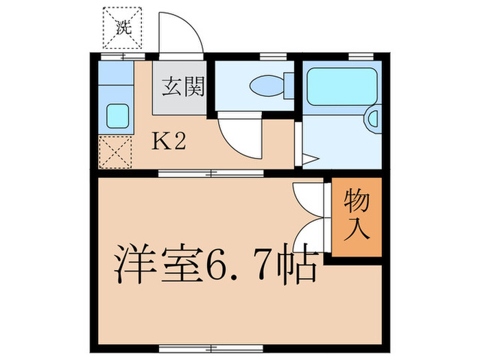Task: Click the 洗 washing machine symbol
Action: pyautogui.click(x=122, y=27)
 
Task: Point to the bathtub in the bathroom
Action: pyautogui.click(x=341, y=86)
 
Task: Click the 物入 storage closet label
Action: pyautogui.click(x=357, y=215)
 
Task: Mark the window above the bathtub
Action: pyautogui.click(x=357, y=56)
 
